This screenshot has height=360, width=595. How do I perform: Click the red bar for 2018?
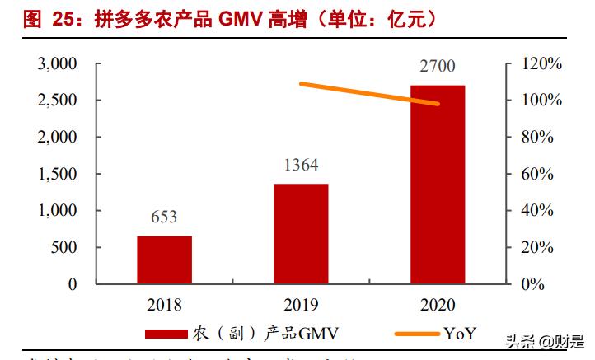tap(164, 259)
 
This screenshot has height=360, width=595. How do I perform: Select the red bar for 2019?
tap(300, 234)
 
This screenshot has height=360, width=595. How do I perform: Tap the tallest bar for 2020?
tap(437, 185)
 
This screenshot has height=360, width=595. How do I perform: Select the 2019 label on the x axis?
tap(300, 305)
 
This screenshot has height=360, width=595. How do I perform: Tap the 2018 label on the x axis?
tap(164, 305)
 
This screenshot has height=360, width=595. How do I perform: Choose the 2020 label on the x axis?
tap(437, 305)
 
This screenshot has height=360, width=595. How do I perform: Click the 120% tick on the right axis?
tap(542, 64)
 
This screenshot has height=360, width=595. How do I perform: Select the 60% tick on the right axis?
tap(546, 174)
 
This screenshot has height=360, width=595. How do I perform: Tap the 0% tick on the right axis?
tap(549, 284)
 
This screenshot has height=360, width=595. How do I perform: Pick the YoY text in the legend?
tap(461, 334)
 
